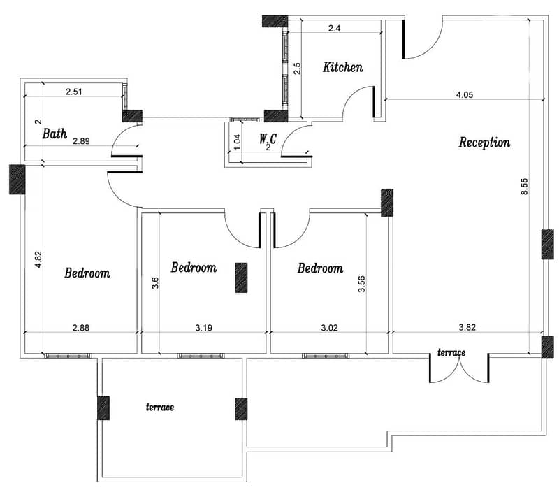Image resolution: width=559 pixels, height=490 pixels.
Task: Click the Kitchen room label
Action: point(343,67)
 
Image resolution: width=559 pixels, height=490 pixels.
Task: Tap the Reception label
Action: point(484,143)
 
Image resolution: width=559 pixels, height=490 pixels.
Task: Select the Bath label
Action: point(55,134)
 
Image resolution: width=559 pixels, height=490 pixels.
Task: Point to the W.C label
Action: point(268,138)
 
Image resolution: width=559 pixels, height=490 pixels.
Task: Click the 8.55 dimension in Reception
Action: point(524,186)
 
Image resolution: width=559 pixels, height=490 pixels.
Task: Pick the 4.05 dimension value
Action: point(465,94)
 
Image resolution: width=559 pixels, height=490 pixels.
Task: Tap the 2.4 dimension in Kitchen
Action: point(334,28)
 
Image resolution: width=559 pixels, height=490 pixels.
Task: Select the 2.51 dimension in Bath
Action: point(74,92)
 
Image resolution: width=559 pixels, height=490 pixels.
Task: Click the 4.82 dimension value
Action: point(38,259)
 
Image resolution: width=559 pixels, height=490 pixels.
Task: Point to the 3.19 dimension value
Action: point(204,327)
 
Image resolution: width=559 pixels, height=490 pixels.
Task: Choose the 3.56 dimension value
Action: point(361,284)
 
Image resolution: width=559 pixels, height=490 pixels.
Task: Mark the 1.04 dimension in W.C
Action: point(238,142)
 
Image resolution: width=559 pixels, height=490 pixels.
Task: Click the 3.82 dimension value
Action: point(467,327)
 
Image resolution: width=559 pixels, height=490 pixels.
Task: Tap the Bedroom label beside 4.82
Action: point(87,273)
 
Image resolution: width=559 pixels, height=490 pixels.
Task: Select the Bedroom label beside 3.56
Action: point(320,268)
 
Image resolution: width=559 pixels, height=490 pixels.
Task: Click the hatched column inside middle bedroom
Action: point(241,278)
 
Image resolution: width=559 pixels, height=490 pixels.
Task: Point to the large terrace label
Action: point(160,407)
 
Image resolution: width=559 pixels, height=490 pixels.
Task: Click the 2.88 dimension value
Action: point(81,327)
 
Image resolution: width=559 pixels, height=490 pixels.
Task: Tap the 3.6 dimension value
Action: point(154,283)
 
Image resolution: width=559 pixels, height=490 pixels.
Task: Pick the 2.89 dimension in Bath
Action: point(81,141)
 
